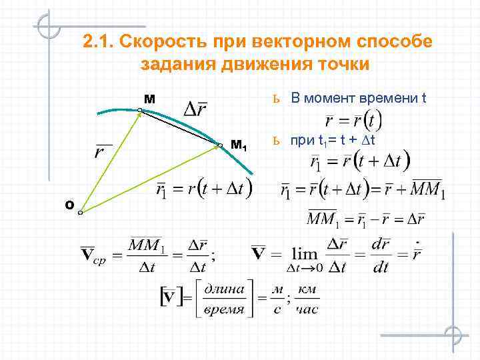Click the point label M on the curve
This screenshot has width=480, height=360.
149,99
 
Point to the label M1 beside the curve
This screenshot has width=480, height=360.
239,145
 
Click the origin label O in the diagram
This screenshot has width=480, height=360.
69,205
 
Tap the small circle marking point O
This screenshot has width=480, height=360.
79,213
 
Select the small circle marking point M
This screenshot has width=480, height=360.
141,111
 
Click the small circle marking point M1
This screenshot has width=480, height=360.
220,144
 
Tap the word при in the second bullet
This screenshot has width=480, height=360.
299,141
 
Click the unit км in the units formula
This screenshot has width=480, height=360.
308,288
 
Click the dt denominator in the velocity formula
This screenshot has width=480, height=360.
381,269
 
